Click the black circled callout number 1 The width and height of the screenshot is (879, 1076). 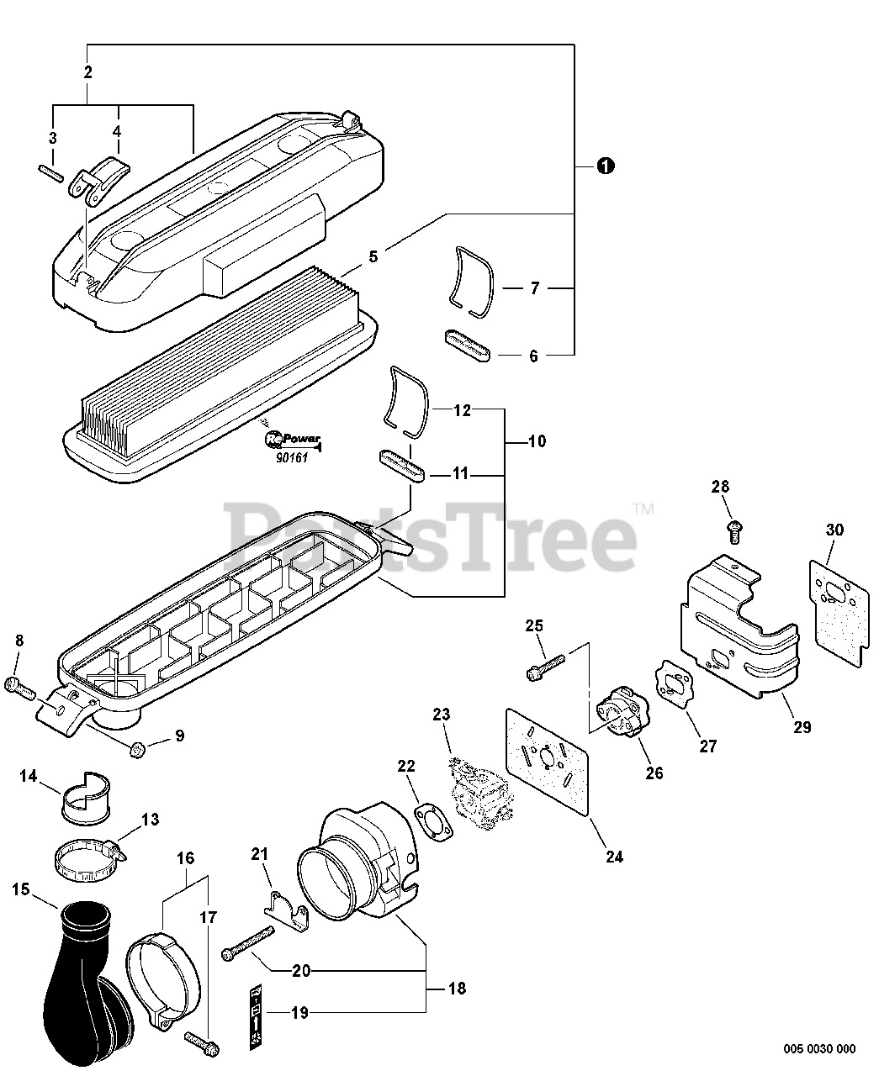[604, 166]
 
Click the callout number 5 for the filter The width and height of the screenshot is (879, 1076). [373, 253]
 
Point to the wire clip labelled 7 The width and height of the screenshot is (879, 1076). [469, 282]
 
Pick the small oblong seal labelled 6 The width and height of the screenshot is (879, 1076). [466, 347]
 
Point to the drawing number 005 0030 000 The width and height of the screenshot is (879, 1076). [819, 1048]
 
